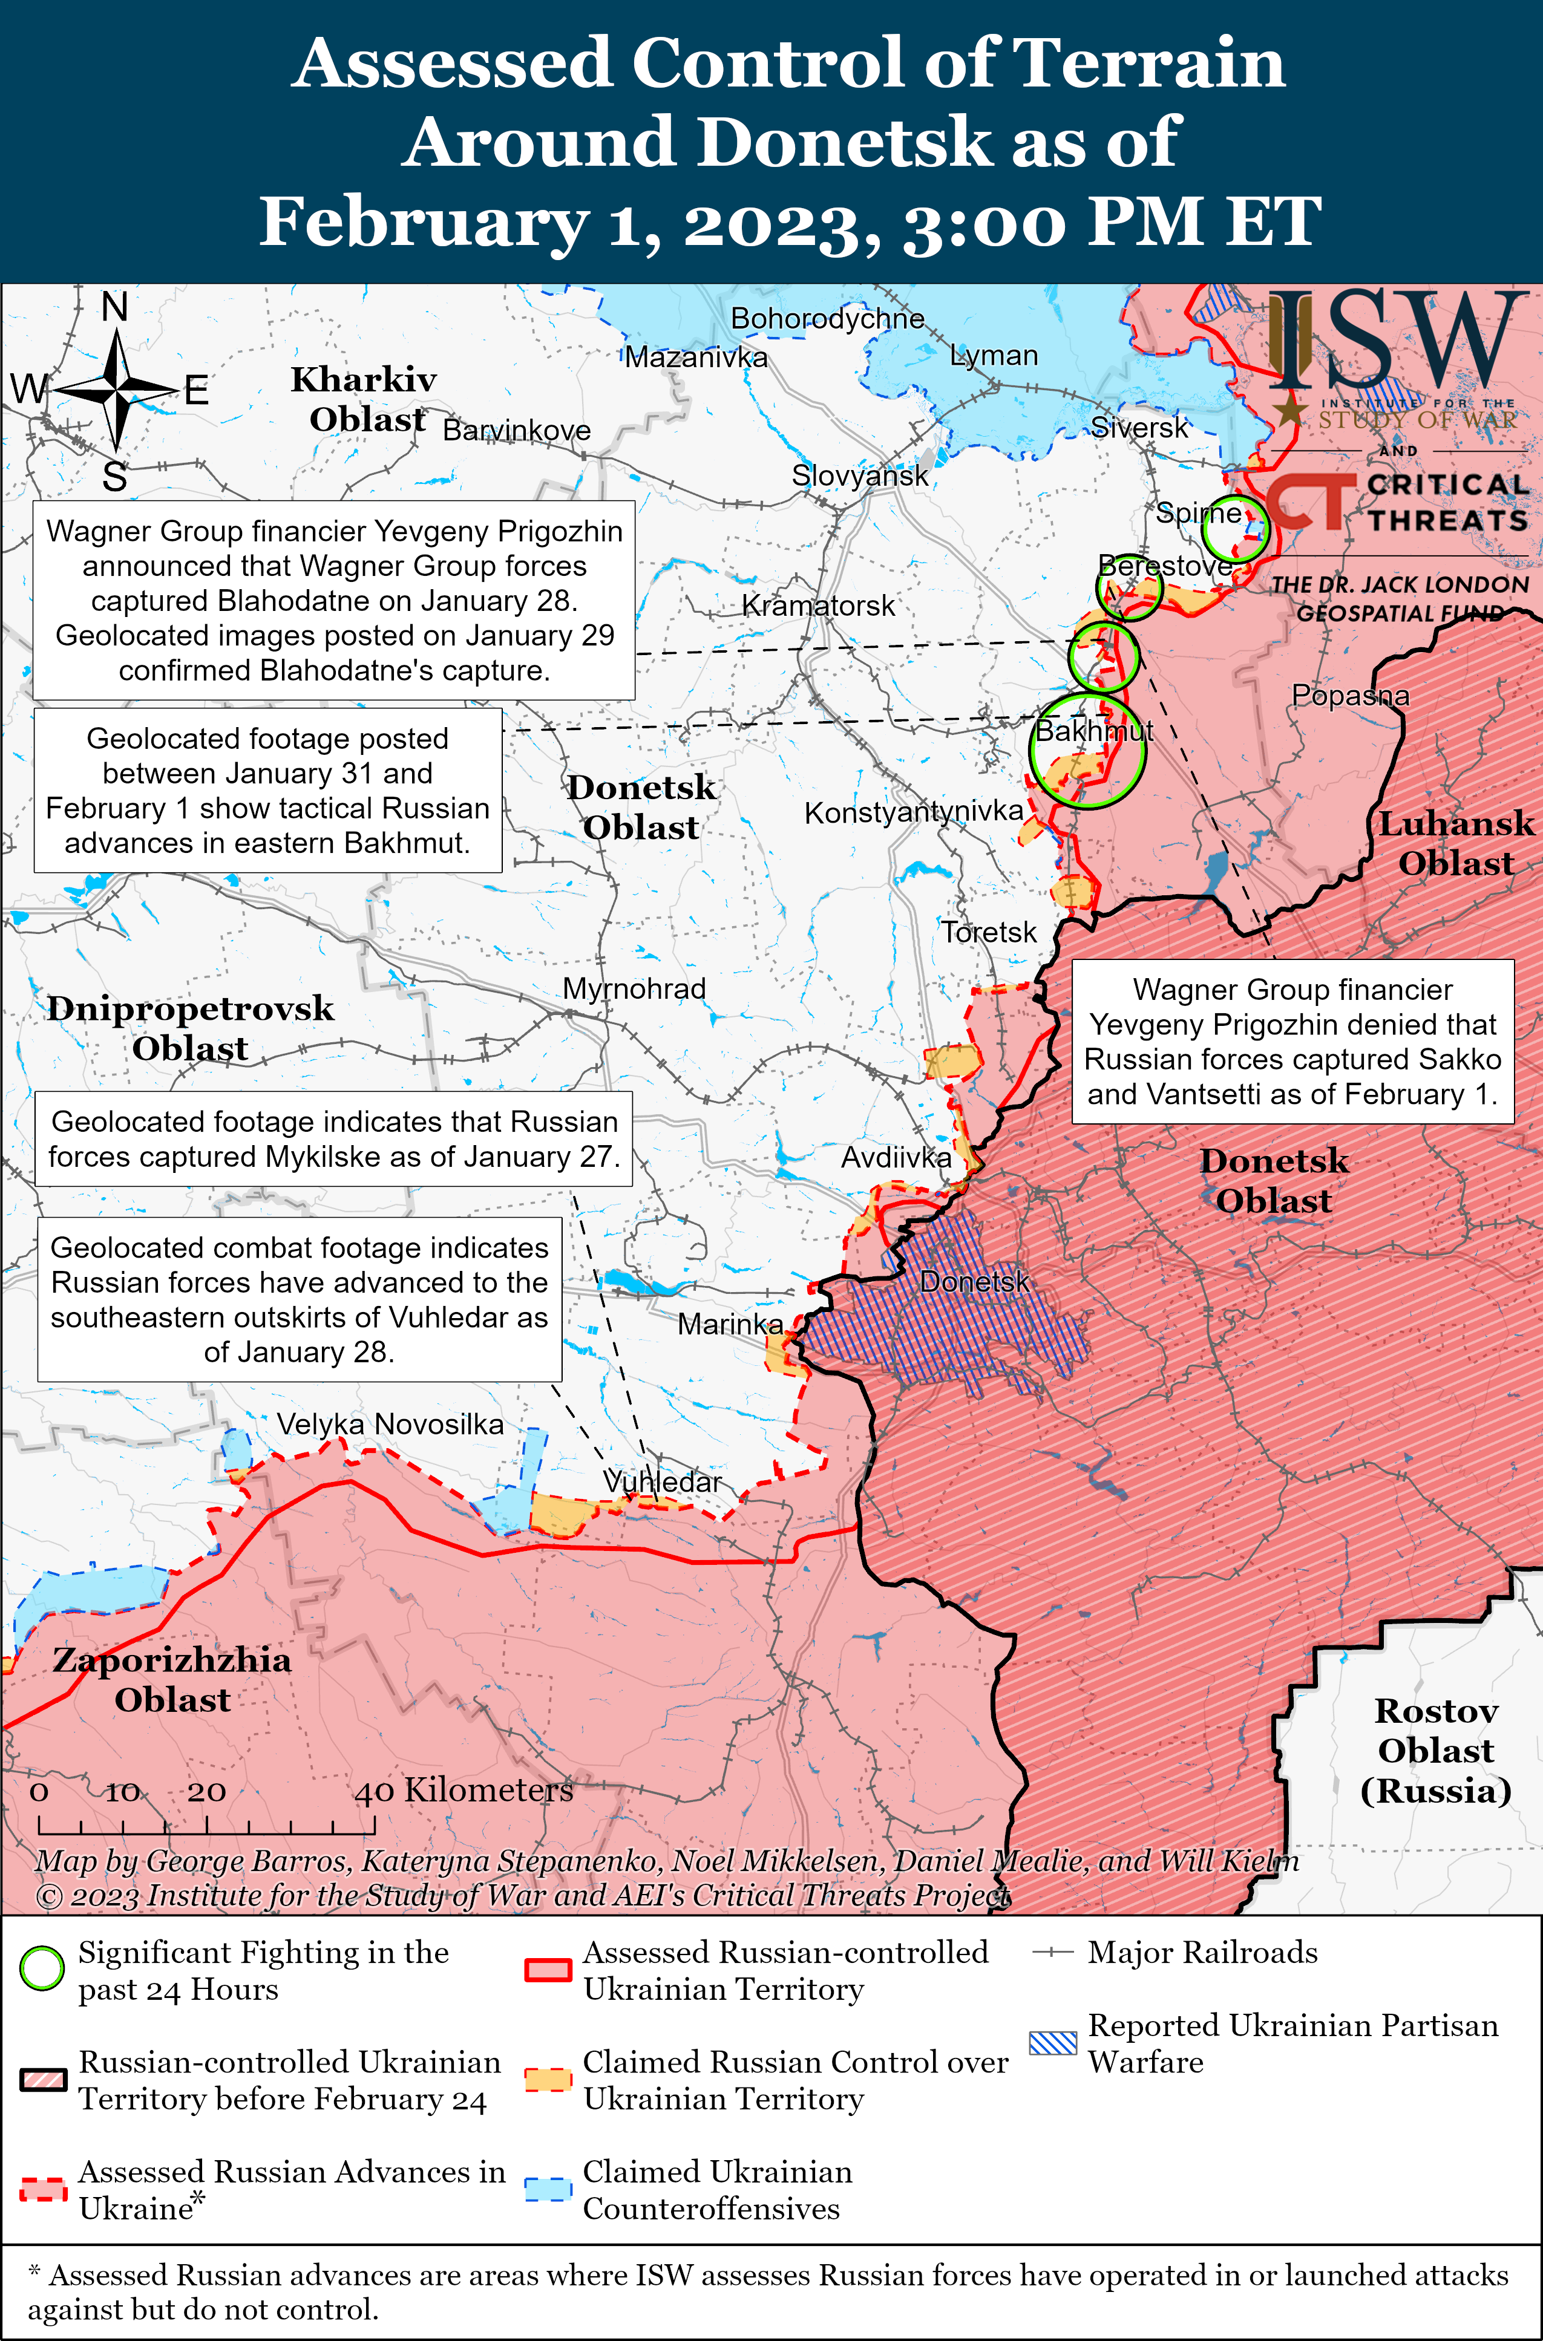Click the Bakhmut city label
click(1094, 731)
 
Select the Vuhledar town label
click(662, 1481)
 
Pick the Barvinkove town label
click(517, 430)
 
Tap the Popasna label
click(1350, 696)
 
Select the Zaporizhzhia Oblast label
click(172, 1679)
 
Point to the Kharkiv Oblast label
click(364, 399)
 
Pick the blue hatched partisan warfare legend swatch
click(1053, 2043)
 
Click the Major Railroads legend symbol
click(1053, 1953)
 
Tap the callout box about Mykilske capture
click(333, 1139)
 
